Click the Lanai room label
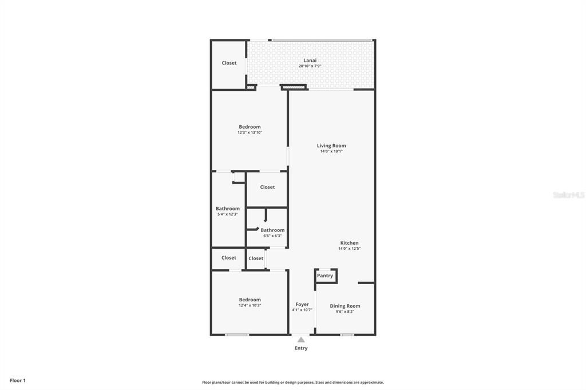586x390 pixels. pyautogui.click(x=310, y=60)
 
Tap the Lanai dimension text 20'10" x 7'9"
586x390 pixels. pyautogui.click(x=310, y=66)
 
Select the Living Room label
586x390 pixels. pyautogui.click(x=331, y=145)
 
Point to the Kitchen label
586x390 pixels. pyautogui.click(x=349, y=243)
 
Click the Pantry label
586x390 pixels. pyautogui.click(x=325, y=276)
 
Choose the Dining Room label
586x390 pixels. pyautogui.click(x=345, y=306)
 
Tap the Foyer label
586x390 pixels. pyautogui.click(x=302, y=304)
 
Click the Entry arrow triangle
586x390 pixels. pyautogui.click(x=301, y=340)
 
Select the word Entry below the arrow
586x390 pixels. pyautogui.click(x=301, y=348)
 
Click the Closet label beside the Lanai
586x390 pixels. pyautogui.click(x=229, y=63)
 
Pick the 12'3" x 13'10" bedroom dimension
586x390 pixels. pyautogui.click(x=250, y=133)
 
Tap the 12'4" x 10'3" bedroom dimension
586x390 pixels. pyautogui.click(x=250, y=305)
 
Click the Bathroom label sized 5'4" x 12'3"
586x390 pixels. pyautogui.click(x=228, y=209)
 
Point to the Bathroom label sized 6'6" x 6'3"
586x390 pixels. pyautogui.click(x=272, y=230)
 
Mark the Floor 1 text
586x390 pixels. pyautogui.click(x=18, y=380)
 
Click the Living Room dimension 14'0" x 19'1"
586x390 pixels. pyautogui.click(x=331, y=152)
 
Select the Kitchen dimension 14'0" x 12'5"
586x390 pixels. pyautogui.click(x=349, y=249)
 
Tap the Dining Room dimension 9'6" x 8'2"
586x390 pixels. pyautogui.click(x=345, y=312)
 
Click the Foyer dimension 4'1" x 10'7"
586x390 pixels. pyautogui.click(x=302, y=310)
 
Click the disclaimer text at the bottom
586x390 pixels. pyautogui.click(x=293, y=383)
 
